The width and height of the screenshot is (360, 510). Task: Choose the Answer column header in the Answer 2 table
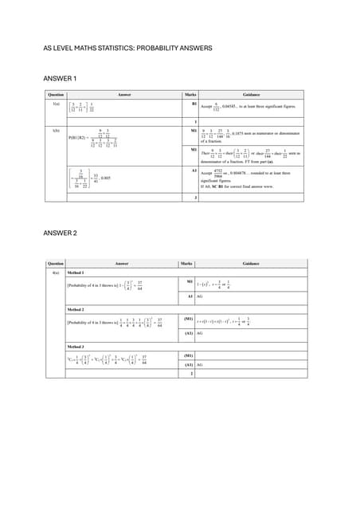pyautogui.click(x=122, y=263)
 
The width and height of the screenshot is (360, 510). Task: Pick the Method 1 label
pyautogui.click(x=80, y=273)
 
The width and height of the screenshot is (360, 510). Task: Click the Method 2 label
pyautogui.click(x=80, y=308)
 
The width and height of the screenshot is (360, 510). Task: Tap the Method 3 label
pyautogui.click(x=80, y=347)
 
